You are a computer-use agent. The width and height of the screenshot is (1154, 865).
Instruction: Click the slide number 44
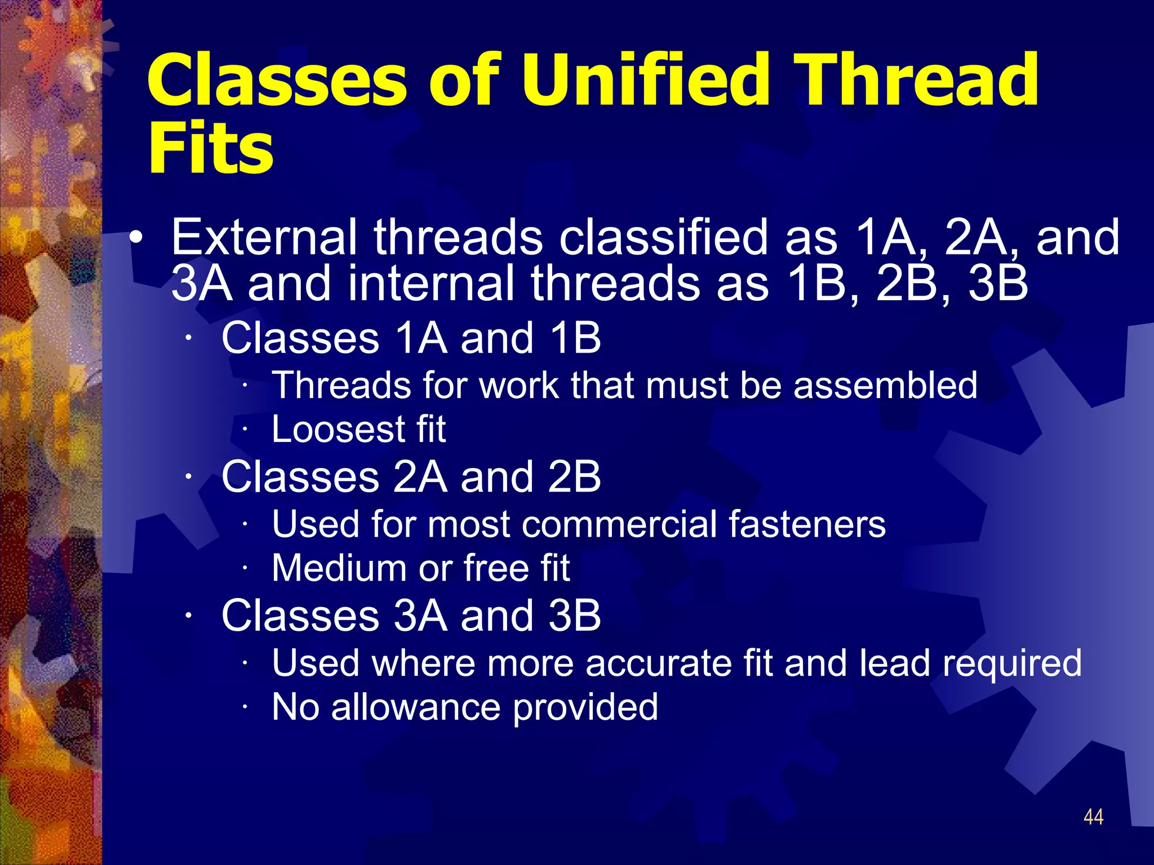pos(1093,817)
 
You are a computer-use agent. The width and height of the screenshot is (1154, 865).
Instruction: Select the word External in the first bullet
pos(264,237)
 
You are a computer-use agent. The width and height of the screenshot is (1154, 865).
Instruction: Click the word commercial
pos(620,524)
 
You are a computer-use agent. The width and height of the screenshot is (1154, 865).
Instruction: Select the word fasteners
pos(807,524)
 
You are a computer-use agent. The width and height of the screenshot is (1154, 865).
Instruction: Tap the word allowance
pos(415,707)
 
